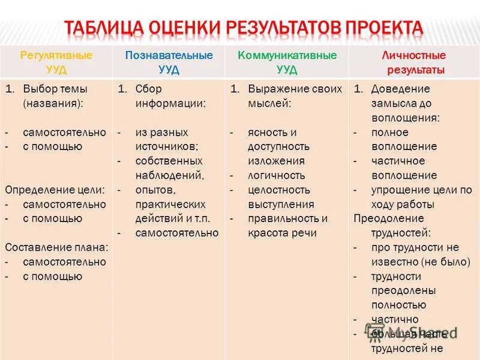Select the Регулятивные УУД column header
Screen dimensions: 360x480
pos(56,62)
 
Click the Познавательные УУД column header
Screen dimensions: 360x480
pos(169,62)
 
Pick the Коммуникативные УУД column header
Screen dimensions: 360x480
pos(287,62)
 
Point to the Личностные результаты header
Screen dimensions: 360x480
pos(413,62)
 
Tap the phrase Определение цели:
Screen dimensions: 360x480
pos(55,190)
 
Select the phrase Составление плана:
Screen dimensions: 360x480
pos(56,247)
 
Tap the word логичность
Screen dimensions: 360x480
pos(277,175)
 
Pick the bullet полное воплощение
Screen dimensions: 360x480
pos(403,139)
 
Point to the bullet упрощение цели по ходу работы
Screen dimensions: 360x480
pos(420,197)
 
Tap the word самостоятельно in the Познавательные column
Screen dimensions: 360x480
pos(176,233)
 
